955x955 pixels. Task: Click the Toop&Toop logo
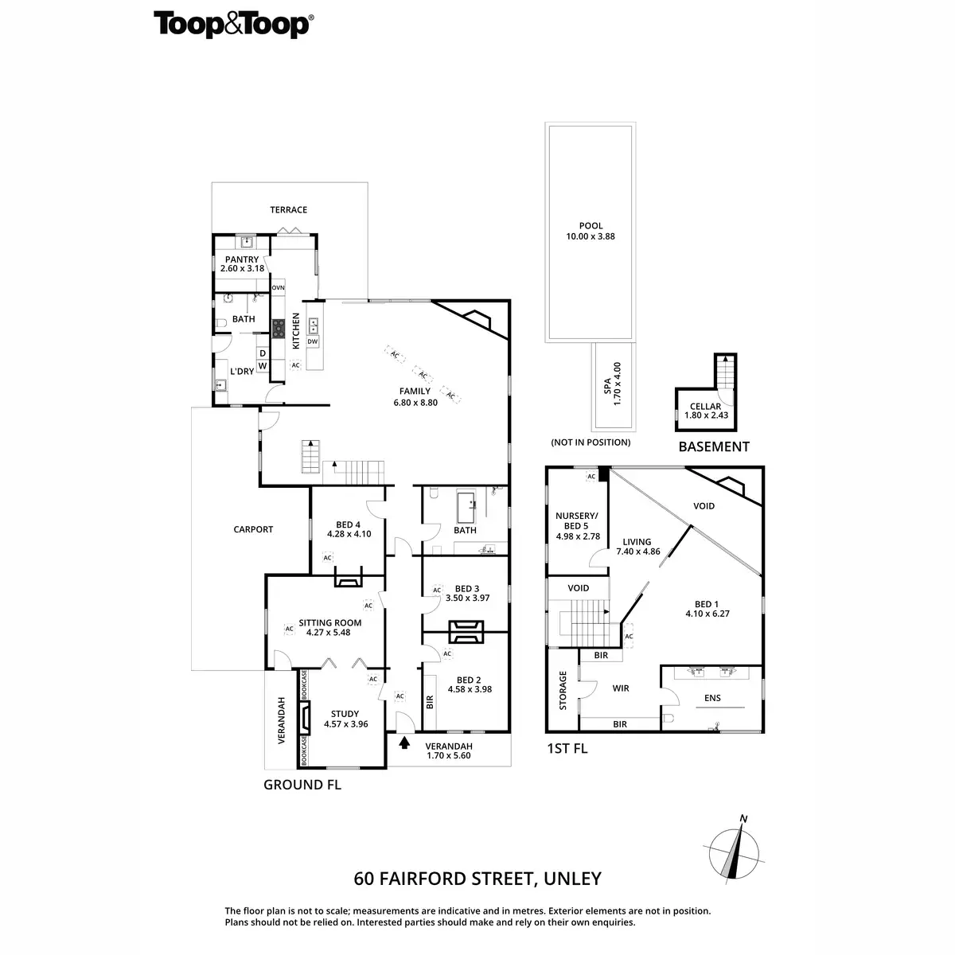[233, 25]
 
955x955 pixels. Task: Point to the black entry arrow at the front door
[404, 743]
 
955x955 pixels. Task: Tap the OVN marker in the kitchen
[279, 287]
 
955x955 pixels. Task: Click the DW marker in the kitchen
[313, 341]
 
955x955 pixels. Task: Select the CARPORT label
[253, 529]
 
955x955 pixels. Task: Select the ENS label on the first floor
[712, 698]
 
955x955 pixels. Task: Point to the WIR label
[621, 688]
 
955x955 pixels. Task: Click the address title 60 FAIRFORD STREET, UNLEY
[477, 879]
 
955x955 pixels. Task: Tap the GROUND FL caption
[302, 785]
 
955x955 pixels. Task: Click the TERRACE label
[288, 210]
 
